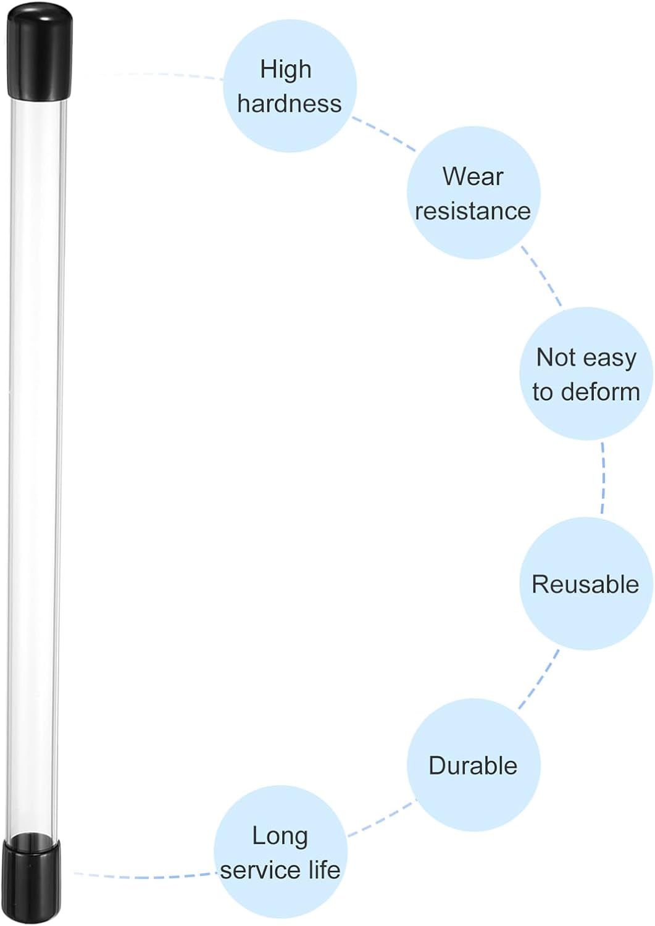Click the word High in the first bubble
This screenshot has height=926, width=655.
click(285, 69)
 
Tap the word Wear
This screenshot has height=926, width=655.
click(473, 177)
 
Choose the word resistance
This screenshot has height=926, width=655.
click(473, 211)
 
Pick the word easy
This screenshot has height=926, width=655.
click(611, 359)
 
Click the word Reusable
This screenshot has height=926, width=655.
click(585, 585)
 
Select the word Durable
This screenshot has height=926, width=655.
click(473, 765)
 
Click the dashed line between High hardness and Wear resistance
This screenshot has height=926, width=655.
click(383, 134)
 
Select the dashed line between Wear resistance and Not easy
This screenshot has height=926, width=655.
click(541, 276)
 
